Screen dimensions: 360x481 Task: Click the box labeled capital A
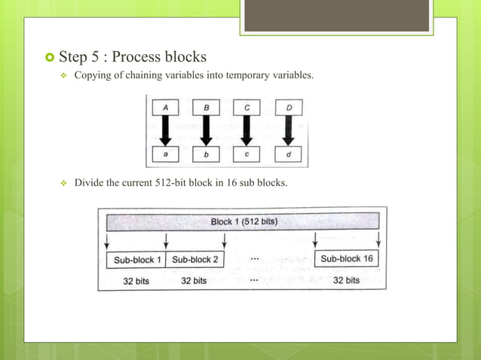pyautogui.click(x=165, y=108)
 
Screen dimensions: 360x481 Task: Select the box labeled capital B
pyautogui.click(x=206, y=108)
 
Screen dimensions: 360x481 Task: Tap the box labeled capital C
pyautogui.click(x=247, y=108)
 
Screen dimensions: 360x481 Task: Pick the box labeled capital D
pyautogui.click(x=288, y=108)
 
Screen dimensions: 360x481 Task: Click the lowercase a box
pyautogui.click(x=165, y=155)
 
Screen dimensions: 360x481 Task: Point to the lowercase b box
pyautogui.click(x=206, y=155)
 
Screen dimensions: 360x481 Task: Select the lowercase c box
pyautogui.click(x=247, y=155)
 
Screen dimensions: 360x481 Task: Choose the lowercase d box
pyautogui.click(x=288, y=155)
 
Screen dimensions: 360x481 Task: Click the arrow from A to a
pyautogui.click(x=165, y=131)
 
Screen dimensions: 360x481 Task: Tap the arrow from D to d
pyautogui.click(x=288, y=131)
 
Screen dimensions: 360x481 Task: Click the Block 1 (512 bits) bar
pyautogui.click(x=242, y=222)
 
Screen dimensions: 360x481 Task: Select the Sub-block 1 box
pyautogui.click(x=137, y=260)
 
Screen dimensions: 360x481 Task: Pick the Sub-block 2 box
pyautogui.click(x=195, y=260)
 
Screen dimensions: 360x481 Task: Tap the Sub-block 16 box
pyautogui.click(x=346, y=259)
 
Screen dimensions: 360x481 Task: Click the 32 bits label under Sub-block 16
pyautogui.click(x=346, y=280)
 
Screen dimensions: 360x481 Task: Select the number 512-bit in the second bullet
pyautogui.click(x=176, y=182)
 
